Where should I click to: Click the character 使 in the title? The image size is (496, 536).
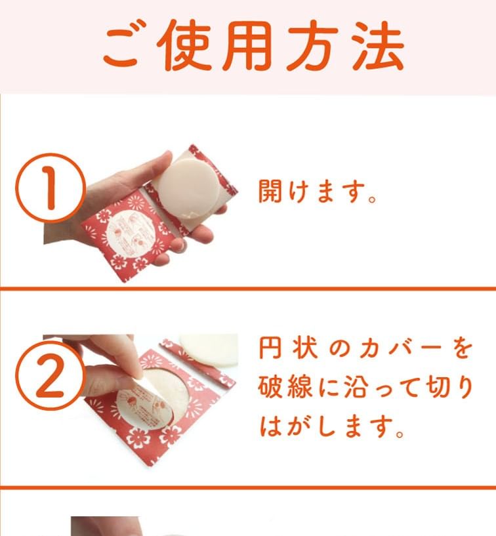[184, 45]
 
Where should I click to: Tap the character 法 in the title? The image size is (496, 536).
[378, 45]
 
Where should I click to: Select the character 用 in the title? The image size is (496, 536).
[247, 45]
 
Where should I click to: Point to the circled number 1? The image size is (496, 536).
[51, 188]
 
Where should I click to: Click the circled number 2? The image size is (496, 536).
[51, 375]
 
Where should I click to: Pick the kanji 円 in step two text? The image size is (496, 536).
[270, 348]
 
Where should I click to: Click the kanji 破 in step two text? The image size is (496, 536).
[270, 387]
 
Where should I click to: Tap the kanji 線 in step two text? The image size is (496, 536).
[300, 387]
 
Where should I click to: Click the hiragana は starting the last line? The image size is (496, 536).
[270, 426]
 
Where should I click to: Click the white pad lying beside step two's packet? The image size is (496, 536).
[208, 350]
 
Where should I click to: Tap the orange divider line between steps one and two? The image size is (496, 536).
[248, 289]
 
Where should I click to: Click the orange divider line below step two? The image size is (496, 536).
[248, 487]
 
